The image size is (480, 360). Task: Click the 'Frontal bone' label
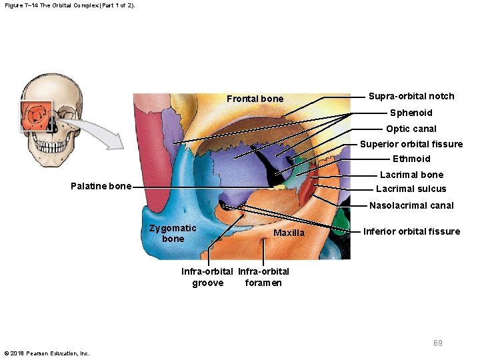[x=255, y=99]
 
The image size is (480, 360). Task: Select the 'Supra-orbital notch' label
[x=411, y=96]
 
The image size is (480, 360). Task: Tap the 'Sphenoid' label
[x=411, y=113]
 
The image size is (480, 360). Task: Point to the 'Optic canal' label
[x=411, y=129]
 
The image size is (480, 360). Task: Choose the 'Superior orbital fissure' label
[x=411, y=144]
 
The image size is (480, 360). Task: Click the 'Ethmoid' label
[x=411, y=159]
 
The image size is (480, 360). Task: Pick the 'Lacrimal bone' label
[x=411, y=175]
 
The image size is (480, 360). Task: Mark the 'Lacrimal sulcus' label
[x=411, y=189]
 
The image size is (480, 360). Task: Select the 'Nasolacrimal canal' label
[x=411, y=205]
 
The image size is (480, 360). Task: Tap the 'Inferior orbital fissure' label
[x=411, y=231]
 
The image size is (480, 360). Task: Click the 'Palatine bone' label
[x=101, y=186]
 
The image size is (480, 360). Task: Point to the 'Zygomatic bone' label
[x=173, y=233]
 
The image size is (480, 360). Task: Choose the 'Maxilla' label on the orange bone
[x=289, y=233]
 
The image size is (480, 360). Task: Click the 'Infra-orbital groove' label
[x=207, y=277]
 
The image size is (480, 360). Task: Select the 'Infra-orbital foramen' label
[x=263, y=277]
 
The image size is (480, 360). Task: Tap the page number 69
[x=437, y=343]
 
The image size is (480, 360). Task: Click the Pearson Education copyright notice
[x=47, y=353]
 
